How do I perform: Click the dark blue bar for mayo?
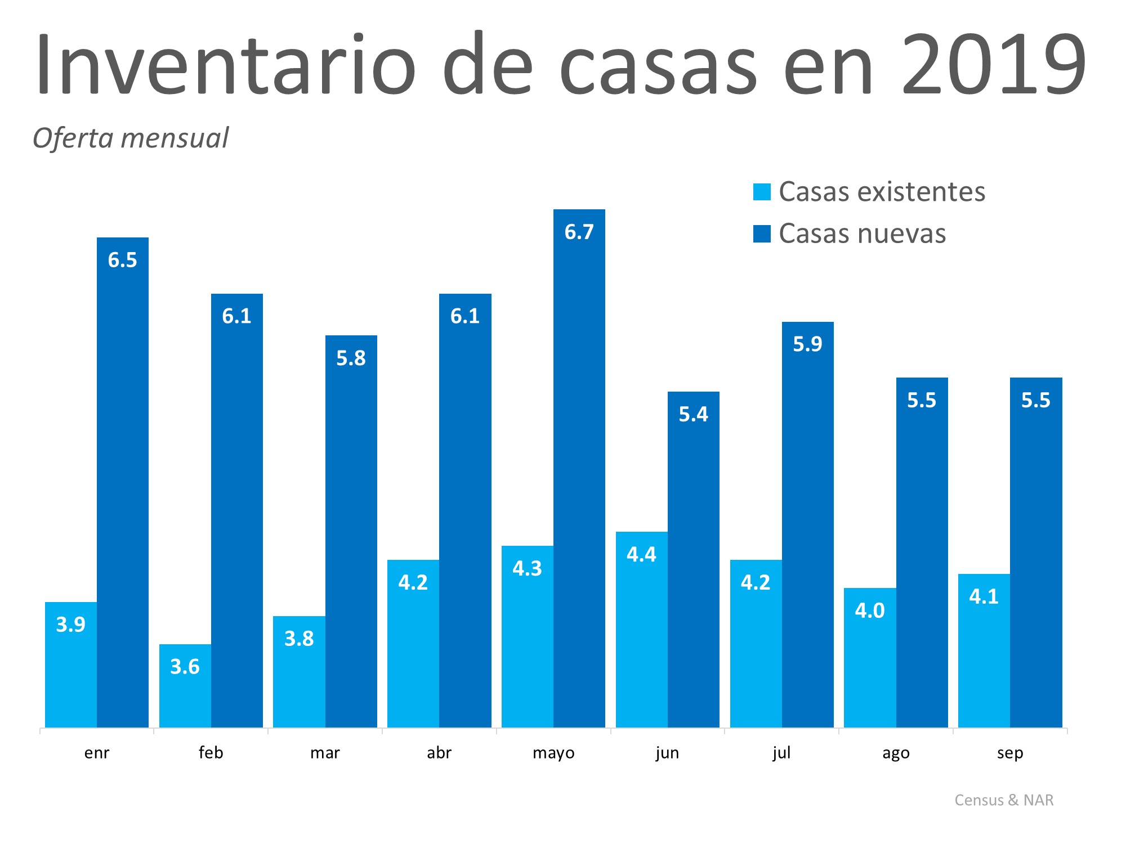tap(579, 478)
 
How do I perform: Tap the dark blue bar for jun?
tap(694, 563)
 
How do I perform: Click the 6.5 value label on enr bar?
tap(123, 260)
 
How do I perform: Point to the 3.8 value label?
tap(299, 639)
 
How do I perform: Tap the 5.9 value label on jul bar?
tap(808, 344)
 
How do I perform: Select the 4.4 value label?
tap(641, 555)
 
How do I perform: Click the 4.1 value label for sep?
tap(984, 596)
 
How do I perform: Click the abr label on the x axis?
tap(439, 753)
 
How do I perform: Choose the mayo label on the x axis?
tap(553, 753)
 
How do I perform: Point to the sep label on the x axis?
tap(1010, 753)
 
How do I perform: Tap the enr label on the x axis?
tap(97, 753)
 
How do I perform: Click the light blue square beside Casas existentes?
tap(762, 192)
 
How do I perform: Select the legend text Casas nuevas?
tap(862, 234)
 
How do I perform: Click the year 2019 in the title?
tap(994, 65)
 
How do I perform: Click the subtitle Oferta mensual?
tap(131, 138)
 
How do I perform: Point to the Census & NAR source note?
tap(1004, 800)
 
